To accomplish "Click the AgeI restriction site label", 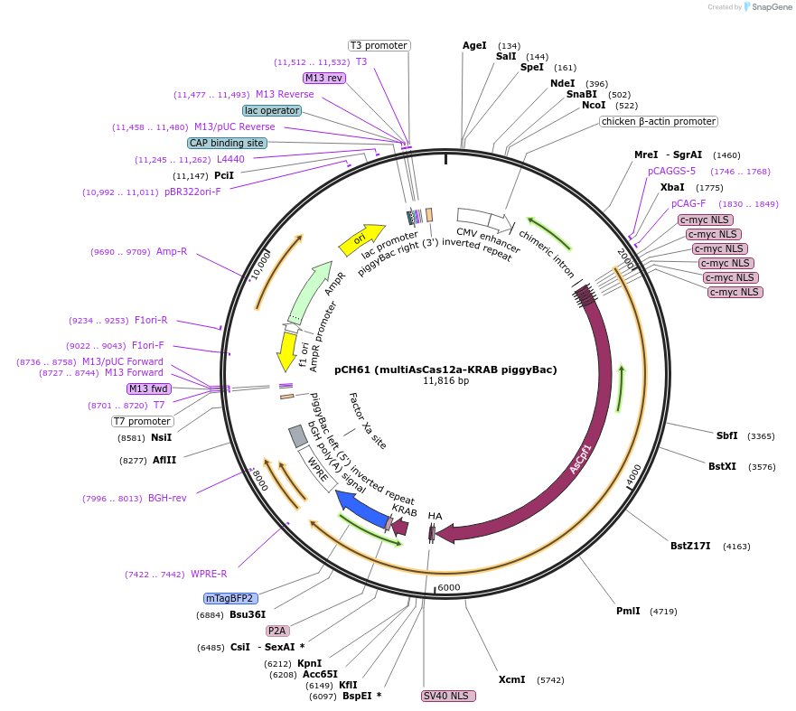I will (x=474, y=45).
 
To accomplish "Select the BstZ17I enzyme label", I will (x=690, y=546).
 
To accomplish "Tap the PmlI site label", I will (x=628, y=611).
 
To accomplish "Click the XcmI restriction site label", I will (x=511, y=679).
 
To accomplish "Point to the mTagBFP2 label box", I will (x=231, y=598).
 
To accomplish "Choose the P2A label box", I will (x=277, y=631).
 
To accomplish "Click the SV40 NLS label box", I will (x=448, y=696).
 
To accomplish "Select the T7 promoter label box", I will (x=143, y=421).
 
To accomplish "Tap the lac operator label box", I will (x=272, y=110).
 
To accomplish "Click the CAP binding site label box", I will (x=227, y=143).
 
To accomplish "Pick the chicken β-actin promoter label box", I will (x=658, y=121).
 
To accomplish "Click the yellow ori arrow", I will (x=361, y=239).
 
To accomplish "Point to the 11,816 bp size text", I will (x=445, y=381).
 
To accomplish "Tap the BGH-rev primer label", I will (x=167, y=498).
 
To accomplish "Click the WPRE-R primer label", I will (x=209, y=574).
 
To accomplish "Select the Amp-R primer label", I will (x=172, y=251).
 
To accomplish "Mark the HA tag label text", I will (x=435, y=516).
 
